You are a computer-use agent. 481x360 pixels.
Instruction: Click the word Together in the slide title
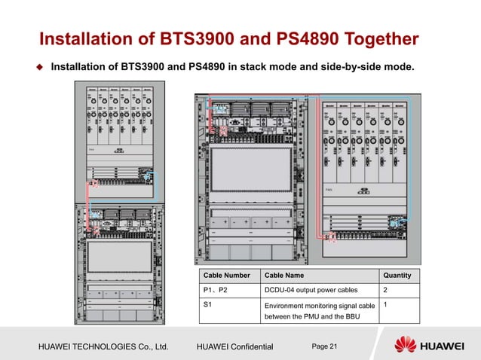coord(375,38)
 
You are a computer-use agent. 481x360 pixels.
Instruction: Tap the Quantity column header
coord(397,275)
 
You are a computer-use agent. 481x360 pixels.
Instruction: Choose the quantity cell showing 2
coord(386,289)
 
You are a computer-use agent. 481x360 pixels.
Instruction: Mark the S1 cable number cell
coord(207,304)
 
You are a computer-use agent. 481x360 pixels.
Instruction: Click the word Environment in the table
coord(290,306)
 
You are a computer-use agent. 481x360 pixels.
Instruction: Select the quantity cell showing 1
coord(386,304)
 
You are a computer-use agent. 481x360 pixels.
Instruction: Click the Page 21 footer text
coord(326,345)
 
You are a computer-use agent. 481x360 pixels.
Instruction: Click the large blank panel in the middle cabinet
coord(253,175)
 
